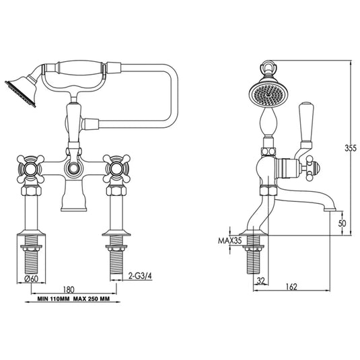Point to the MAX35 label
coord(229,239)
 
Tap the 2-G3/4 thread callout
coord(140,275)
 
